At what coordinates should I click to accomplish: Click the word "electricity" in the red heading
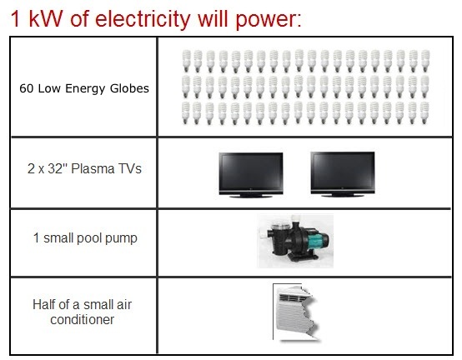(x=143, y=19)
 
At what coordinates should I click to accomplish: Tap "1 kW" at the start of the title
(x=37, y=19)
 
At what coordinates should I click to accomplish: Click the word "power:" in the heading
(x=269, y=20)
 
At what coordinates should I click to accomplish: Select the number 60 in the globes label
(x=26, y=88)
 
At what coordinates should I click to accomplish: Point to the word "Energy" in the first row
(x=85, y=89)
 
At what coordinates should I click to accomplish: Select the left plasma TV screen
(x=251, y=171)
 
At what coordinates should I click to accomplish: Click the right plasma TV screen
(x=343, y=170)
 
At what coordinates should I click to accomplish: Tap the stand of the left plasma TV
(x=251, y=196)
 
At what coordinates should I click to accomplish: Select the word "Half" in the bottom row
(x=44, y=304)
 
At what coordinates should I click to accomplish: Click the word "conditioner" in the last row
(x=83, y=319)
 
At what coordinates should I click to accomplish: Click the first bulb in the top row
(x=186, y=61)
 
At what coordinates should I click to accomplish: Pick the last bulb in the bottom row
(x=424, y=113)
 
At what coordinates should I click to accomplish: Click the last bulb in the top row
(x=425, y=61)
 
